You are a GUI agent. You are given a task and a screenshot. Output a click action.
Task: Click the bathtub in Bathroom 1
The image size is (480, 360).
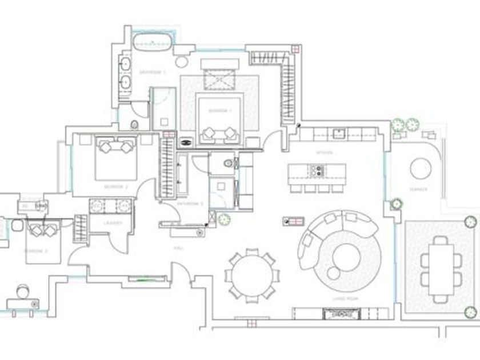[x=153, y=42]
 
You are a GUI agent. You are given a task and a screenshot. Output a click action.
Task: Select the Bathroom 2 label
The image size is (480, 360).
[x=191, y=203]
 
